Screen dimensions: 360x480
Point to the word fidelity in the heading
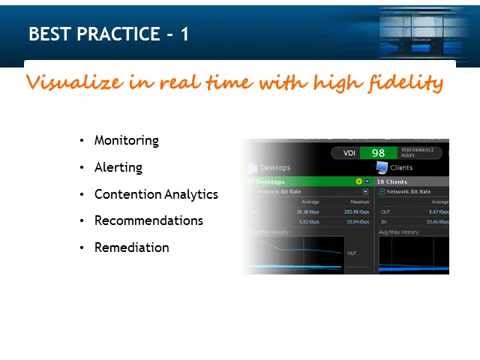pyautogui.click(x=405, y=82)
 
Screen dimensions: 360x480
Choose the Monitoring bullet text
pyautogui.click(x=126, y=140)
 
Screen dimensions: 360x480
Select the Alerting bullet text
pyautogui.click(x=118, y=167)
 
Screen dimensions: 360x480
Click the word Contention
pyautogui.click(x=125, y=194)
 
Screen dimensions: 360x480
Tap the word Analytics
pyautogui.click(x=192, y=194)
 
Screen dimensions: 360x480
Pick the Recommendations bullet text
pyautogui.click(x=148, y=220)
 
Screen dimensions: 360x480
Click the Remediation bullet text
pyautogui.click(x=131, y=247)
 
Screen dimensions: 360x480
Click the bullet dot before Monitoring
pyautogui.click(x=81, y=141)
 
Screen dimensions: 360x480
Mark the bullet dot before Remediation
pyautogui.click(x=81, y=248)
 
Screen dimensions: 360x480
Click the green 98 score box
pyautogui.click(x=378, y=153)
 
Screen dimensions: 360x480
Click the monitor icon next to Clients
pyautogui.click(x=381, y=168)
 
